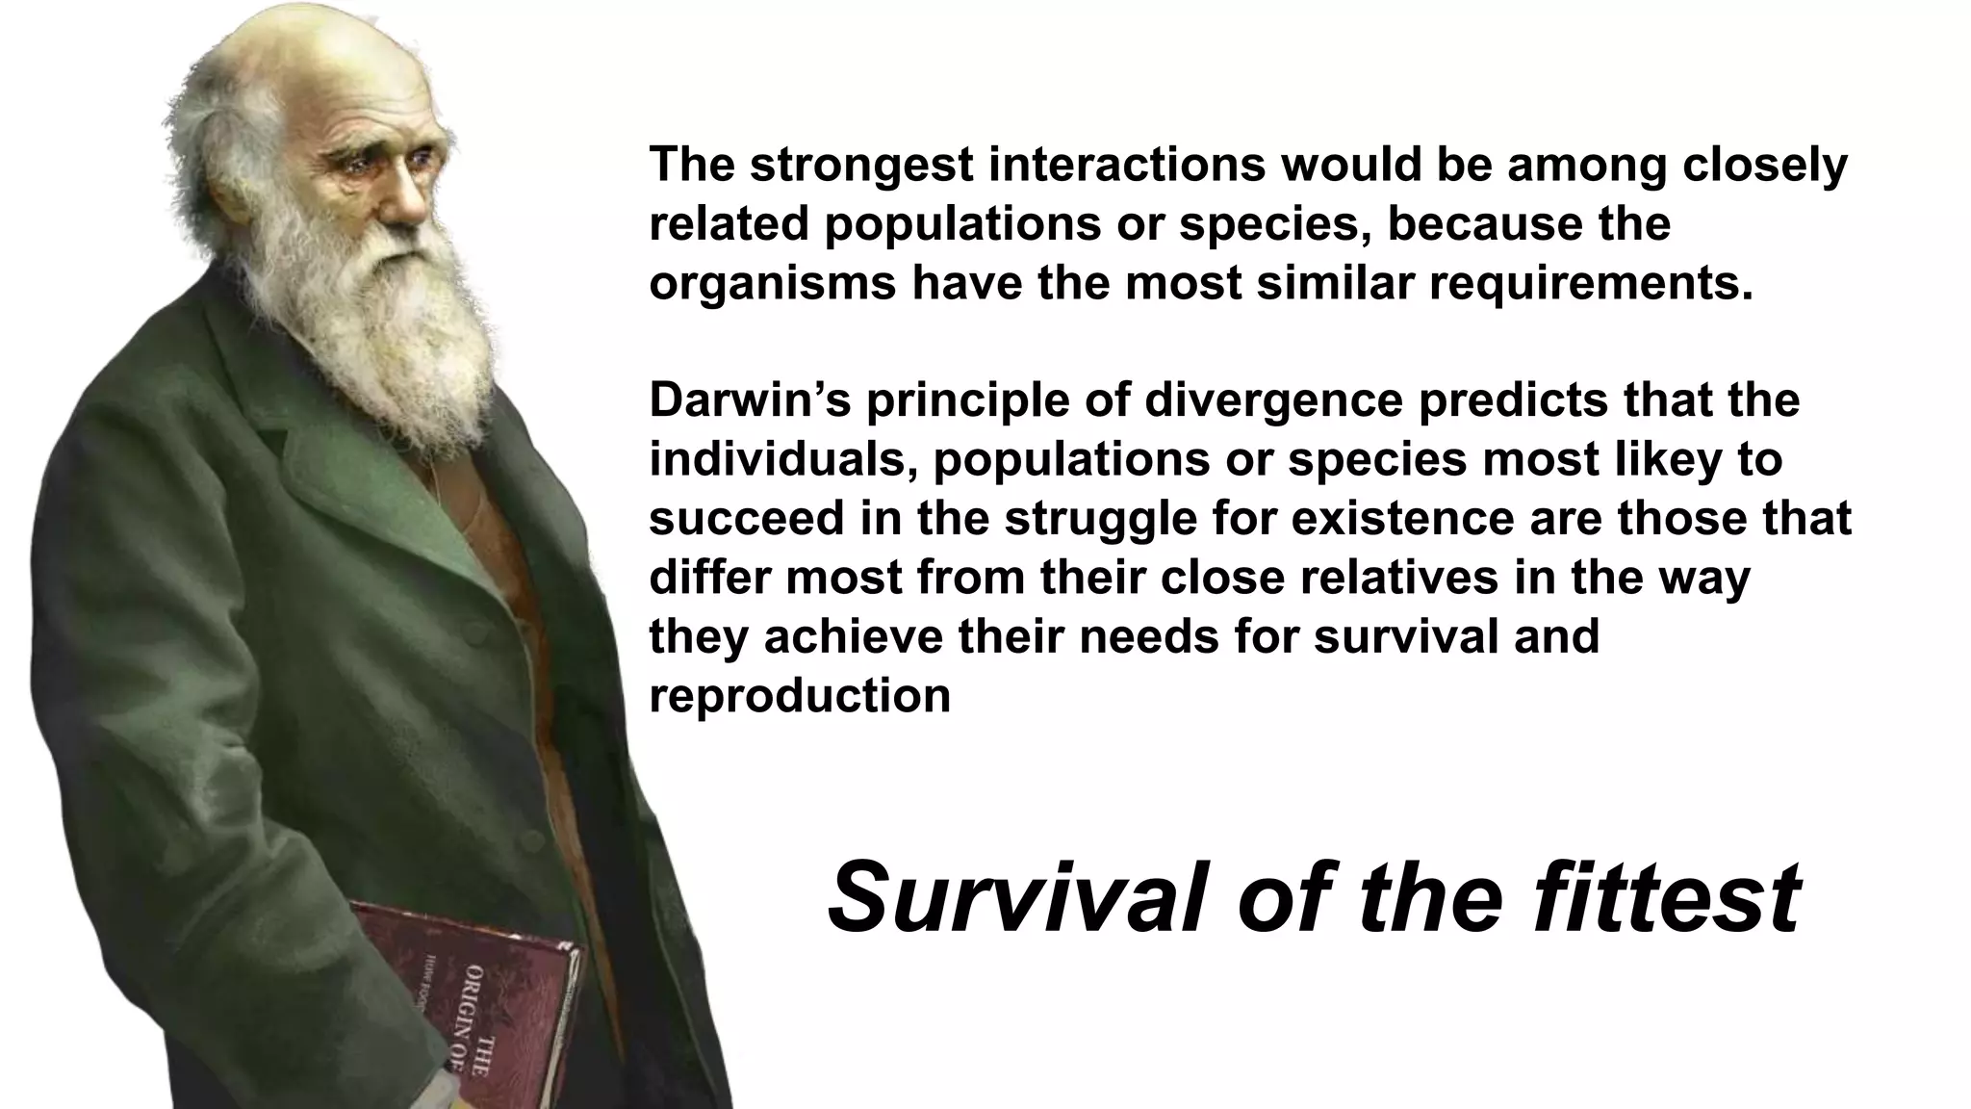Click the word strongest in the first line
coord(862,166)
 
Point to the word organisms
coord(773,284)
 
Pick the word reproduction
coord(800,696)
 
